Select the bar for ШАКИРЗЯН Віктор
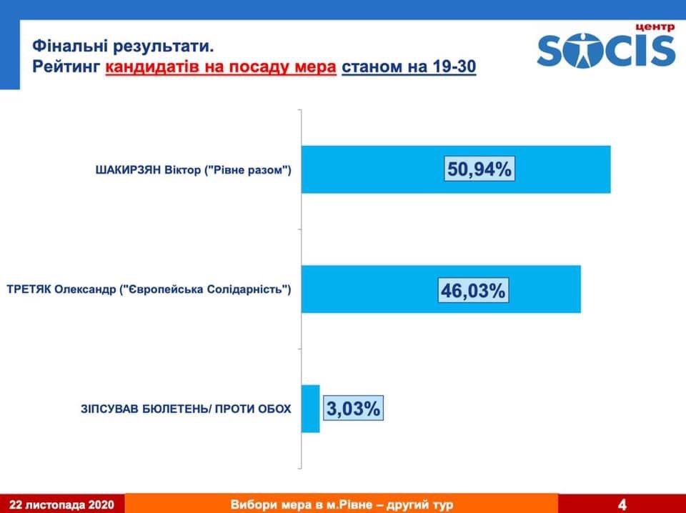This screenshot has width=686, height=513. coord(456,169)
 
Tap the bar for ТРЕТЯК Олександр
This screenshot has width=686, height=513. coord(441,289)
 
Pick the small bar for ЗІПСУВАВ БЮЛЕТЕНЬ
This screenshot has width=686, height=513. coord(311,409)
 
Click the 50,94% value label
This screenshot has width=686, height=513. coord(479,169)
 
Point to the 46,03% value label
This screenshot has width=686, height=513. coord(473,290)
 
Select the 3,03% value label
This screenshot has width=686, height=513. coord(354,409)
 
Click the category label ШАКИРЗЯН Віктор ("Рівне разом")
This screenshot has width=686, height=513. coord(194,169)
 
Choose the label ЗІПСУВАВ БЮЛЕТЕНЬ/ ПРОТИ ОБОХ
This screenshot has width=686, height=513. coord(186,409)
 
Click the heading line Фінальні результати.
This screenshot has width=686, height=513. coord(124,46)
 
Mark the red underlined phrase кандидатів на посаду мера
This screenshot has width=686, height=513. coord(221,67)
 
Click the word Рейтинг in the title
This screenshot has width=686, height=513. coord(66,67)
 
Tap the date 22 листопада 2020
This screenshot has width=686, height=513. coord(61,504)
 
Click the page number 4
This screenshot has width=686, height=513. coord(622,504)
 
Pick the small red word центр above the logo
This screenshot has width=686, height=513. coord(655,28)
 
